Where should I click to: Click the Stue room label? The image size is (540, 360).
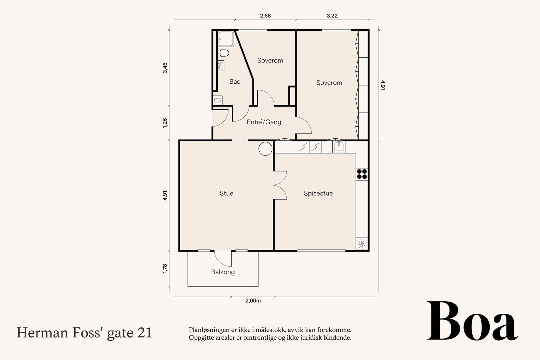pyautogui.click(x=226, y=193)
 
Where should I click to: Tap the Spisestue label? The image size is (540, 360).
pyautogui.click(x=318, y=193)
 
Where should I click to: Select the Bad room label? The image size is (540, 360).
pyautogui.click(x=235, y=81)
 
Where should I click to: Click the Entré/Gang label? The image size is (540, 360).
pyautogui.click(x=264, y=122)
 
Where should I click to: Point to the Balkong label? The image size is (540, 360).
pyautogui.click(x=223, y=272)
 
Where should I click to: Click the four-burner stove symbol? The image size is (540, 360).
pyautogui.click(x=362, y=174)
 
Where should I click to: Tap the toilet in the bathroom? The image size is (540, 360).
pyautogui.click(x=223, y=53)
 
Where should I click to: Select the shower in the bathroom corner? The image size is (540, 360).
pyautogui.click(x=225, y=38)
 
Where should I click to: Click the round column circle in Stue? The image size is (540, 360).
pyautogui.click(x=265, y=148)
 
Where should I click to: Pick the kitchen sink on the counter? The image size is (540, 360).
pyautogui.click(x=339, y=147)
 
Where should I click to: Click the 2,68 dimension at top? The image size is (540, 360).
pyautogui.click(x=265, y=16)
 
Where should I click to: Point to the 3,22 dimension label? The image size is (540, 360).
pyautogui.click(x=332, y=16)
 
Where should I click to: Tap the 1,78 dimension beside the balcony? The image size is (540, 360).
pyautogui.click(x=165, y=269)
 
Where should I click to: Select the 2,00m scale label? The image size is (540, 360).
pyautogui.click(x=253, y=301)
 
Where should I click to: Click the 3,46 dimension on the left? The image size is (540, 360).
pyautogui.click(x=165, y=67)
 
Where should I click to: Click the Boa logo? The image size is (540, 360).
pyautogui.click(x=472, y=322)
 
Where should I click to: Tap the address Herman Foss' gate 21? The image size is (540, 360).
pyautogui.click(x=84, y=333)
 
